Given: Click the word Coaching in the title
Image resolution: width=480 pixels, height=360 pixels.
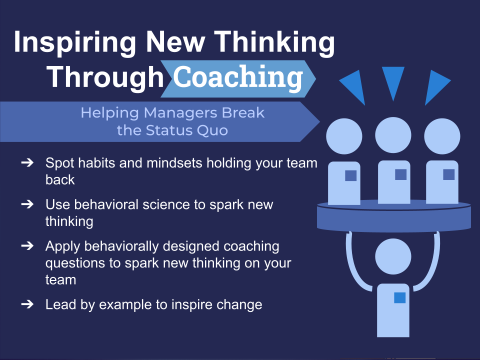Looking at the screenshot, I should click(238, 77).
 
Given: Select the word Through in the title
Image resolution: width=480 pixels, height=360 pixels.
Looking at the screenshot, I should click(105, 77).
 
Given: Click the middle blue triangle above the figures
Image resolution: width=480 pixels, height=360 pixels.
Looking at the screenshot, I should click(392, 80).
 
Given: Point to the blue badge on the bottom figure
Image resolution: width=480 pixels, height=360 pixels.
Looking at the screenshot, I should click(399, 297).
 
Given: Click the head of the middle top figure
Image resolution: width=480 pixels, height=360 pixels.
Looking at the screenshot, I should click(393, 135).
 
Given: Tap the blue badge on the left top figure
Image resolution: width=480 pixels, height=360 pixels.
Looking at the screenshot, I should click(351, 175).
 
